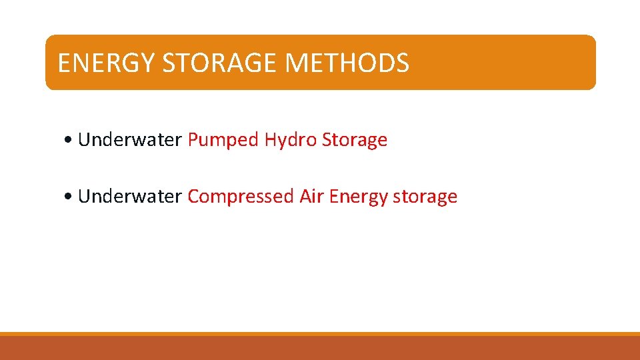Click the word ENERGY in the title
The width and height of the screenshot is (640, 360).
tap(107, 63)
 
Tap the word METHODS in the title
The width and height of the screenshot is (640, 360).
tap(347, 63)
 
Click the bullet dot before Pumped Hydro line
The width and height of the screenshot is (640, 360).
tap(70, 141)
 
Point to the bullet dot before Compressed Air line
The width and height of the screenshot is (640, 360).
tap(70, 197)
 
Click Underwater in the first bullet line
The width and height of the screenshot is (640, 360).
tap(130, 140)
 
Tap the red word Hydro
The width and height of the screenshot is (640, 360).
tap(291, 140)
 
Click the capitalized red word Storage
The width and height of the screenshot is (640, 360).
tap(355, 140)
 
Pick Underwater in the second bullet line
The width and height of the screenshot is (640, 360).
tap(130, 197)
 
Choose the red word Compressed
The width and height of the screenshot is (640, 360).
tap(241, 197)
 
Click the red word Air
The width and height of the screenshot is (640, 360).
tap(312, 197)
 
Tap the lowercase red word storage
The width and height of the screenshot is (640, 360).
tap(425, 197)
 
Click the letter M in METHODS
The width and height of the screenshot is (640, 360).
tap(295, 63)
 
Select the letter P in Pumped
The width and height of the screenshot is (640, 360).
tap(193, 140)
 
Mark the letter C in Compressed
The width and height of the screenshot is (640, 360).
tap(193, 197)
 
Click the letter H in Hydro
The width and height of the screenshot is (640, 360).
tap(270, 140)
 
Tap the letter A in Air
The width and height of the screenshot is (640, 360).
tap(305, 197)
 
